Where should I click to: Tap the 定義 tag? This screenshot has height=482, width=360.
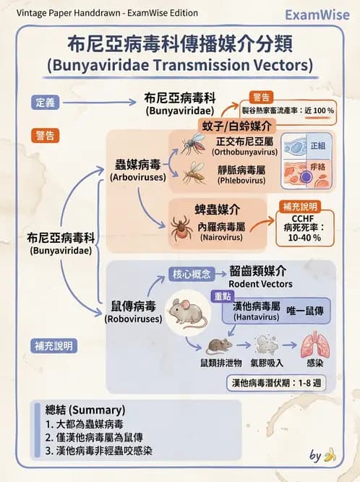tap(45, 102)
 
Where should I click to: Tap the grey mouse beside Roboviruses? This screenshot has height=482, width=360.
tap(187, 311)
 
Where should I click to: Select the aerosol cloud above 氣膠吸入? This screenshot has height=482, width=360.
tap(265, 343)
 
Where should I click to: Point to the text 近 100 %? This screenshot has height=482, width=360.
tap(319, 110)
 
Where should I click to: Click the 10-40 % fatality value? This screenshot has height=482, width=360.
tap(304, 236)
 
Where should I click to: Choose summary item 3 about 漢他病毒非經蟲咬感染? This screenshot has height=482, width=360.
tap(98, 451)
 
